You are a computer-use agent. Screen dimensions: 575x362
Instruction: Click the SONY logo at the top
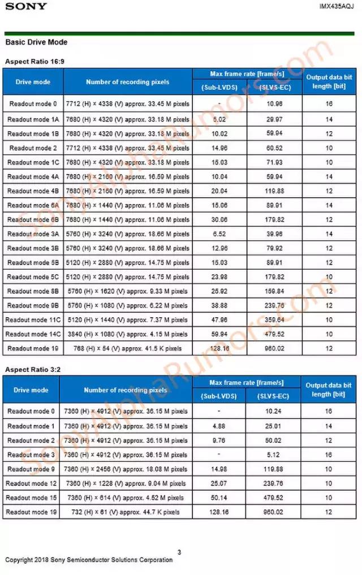pos(27,6)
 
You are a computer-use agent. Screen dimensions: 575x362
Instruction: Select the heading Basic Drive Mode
pos(36,42)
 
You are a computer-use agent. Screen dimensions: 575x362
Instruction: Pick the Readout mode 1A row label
pos(33,119)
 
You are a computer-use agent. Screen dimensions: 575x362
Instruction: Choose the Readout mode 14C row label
pos(33,334)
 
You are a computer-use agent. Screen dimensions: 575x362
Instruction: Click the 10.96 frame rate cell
pos(274,104)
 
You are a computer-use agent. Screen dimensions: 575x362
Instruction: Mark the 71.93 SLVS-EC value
pos(274,162)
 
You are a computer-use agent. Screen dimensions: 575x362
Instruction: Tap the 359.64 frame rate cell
pos(274,319)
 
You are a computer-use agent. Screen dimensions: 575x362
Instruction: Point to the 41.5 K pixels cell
pos(127,349)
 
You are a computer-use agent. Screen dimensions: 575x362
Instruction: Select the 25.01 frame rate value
pos(274,426)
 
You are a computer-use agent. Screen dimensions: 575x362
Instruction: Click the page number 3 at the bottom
pos(179,552)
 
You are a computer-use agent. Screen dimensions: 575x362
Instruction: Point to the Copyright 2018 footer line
pos(89,560)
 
